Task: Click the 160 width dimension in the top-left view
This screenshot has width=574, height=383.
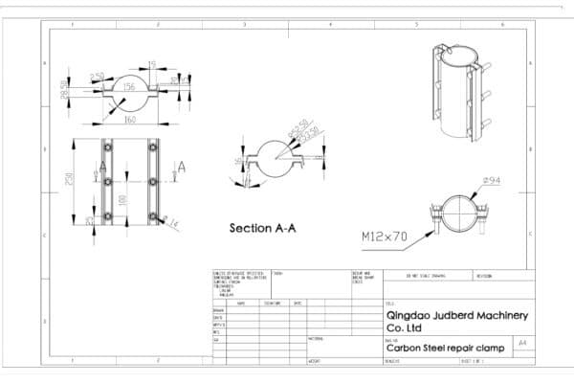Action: pos(127,121)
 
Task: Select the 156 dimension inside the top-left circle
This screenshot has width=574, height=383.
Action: pos(128,87)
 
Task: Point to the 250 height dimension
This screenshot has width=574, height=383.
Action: pos(70,180)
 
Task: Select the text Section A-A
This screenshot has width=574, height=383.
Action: pos(261,229)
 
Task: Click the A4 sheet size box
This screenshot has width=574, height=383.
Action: pos(521,342)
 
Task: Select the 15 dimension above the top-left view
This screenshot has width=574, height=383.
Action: pos(152,65)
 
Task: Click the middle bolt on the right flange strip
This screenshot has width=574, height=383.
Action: pos(150,180)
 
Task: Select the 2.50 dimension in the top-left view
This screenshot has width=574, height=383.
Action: pos(97,76)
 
